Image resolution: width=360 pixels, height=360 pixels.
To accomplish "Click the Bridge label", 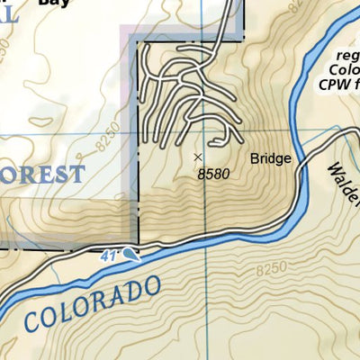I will [x=271, y=159].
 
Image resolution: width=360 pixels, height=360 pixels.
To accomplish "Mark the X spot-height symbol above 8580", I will [x=198, y=157].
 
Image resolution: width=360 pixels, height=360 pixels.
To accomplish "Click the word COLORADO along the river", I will [x=94, y=301].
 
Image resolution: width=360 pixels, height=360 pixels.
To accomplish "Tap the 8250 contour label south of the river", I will [x=269, y=268].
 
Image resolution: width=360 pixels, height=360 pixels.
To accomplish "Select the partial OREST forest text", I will [x=41, y=173].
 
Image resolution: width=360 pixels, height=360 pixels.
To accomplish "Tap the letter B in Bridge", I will [x=255, y=159].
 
